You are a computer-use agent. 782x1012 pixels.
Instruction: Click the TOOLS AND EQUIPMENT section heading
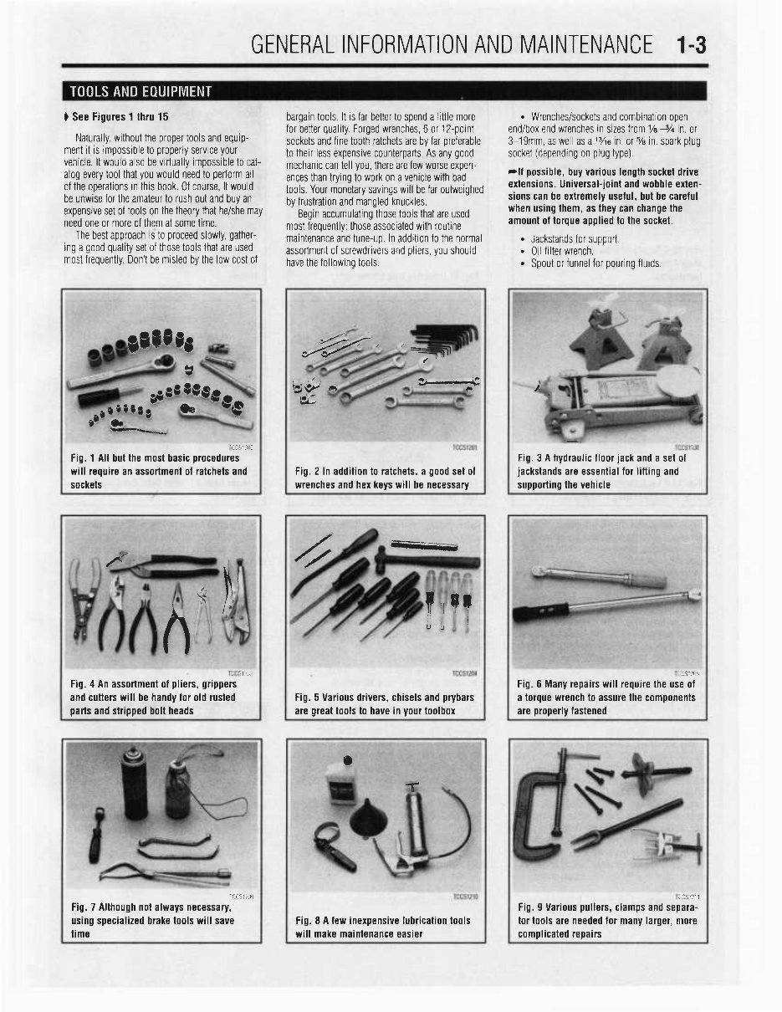coord(141,91)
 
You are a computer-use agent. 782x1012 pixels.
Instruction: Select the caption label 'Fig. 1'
coord(84,458)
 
